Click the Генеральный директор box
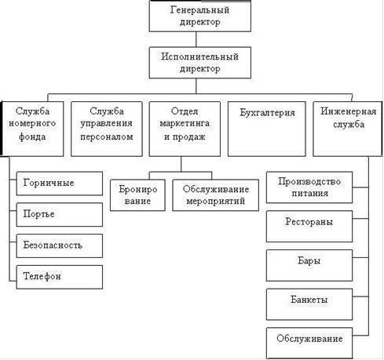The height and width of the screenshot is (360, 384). pyautogui.click(x=200, y=16)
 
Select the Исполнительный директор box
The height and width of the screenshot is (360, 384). pyautogui.click(x=200, y=63)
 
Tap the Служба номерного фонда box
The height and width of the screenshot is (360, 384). pyautogui.click(x=32, y=129)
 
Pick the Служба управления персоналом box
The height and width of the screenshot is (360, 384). pyautogui.click(x=107, y=129)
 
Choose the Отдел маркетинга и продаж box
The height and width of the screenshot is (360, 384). pyautogui.click(x=185, y=129)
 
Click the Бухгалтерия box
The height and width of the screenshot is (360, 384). pyautogui.click(x=267, y=129)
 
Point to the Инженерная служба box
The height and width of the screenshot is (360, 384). pyautogui.click(x=348, y=129)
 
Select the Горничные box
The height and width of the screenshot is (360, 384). pyautogui.click(x=60, y=184)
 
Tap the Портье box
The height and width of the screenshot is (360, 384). pyautogui.click(x=60, y=215)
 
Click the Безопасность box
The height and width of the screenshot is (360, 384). pyautogui.click(x=60, y=245)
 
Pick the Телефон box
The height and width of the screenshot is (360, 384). pyautogui.click(x=60, y=277)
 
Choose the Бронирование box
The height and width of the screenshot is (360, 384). pyautogui.click(x=137, y=195)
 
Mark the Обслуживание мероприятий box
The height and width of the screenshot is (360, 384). pyautogui.click(x=216, y=195)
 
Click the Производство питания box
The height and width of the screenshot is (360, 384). pyautogui.click(x=309, y=187)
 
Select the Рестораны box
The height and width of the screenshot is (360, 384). pyautogui.click(x=309, y=227)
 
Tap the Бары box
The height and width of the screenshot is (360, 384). pyautogui.click(x=309, y=265)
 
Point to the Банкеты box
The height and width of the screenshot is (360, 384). pyautogui.click(x=309, y=304)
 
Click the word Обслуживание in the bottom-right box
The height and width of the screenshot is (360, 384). pyautogui.click(x=309, y=339)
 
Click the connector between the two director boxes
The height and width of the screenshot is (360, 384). pyautogui.click(x=196, y=39)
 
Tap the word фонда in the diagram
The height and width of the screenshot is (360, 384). pyautogui.click(x=32, y=136)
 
